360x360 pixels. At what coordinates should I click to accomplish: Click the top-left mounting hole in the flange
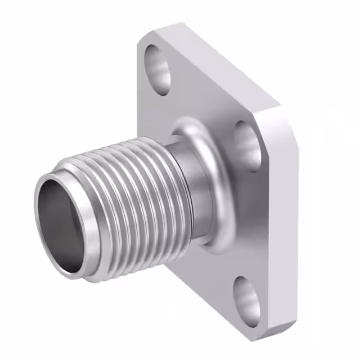point(158,68)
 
